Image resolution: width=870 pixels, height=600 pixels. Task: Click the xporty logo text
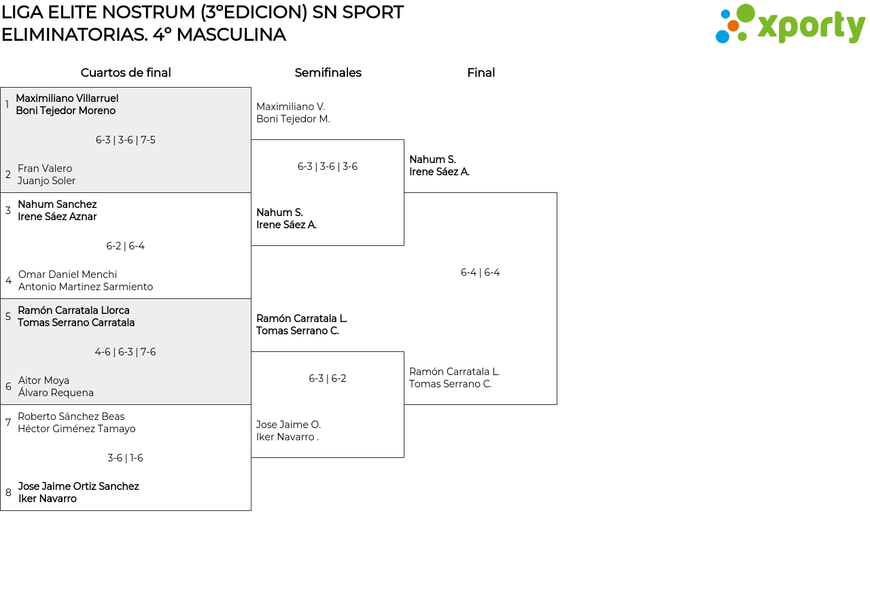pos(812,27)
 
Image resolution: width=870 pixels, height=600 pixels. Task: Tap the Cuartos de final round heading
pos(126,73)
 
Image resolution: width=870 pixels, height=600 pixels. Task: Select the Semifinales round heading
pos(328,73)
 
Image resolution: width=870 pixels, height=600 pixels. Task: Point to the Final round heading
pos(481,73)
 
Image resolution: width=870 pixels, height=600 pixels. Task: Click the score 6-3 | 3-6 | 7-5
pos(126,140)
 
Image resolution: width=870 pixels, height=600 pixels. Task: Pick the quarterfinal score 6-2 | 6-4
pos(126,246)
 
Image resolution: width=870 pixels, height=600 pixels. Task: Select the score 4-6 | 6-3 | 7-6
pos(126,352)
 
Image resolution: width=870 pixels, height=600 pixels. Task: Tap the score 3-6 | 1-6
pos(126,458)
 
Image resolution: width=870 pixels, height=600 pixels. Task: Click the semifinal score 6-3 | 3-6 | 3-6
pos(328,166)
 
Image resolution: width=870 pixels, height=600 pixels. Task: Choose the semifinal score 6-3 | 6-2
pos(328,378)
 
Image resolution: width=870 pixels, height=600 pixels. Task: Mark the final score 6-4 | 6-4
pos(480,272)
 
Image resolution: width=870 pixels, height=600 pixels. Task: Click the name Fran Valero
pos(45,168)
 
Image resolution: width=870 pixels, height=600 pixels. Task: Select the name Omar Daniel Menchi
pos(67,274)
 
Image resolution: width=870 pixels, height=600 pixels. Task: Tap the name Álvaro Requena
pos(56,393)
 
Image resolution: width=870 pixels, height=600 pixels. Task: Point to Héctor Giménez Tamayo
pos(77,428)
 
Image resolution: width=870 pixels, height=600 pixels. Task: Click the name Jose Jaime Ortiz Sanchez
pos(78,487)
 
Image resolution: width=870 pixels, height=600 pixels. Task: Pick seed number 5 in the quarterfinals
pos(8,317)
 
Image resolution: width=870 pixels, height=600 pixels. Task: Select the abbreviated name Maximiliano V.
pos(291,107)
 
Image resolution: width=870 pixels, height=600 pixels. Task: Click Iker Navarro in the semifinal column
pos(288,437)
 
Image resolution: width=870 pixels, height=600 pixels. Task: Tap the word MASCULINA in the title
pos(231,35)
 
